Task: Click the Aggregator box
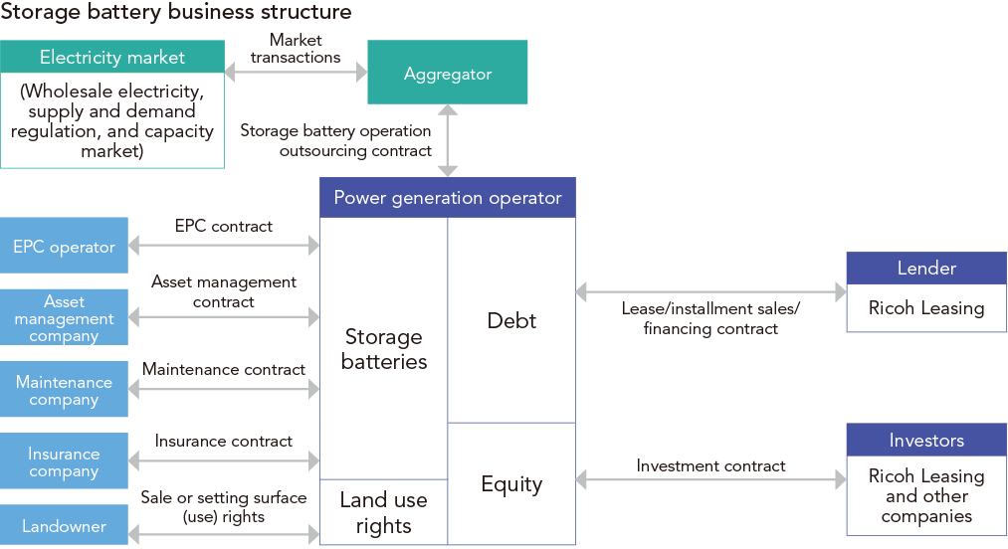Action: (448, 73)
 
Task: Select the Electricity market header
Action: (111, 57)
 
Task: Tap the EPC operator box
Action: (64, 246)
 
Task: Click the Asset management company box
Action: (64, 317)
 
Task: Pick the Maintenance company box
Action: (64, 390)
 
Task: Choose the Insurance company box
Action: (64, 461)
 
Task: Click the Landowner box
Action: (64, 524)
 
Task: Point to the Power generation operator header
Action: (447, 197)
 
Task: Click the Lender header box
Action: (925, 269)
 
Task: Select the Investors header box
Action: (925, 440)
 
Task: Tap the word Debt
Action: (511, 320)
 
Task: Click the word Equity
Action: (511, 484)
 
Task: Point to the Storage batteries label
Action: (383, 349)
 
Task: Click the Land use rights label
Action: (383, 512)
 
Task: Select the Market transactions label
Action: (296, 49)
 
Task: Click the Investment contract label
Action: (710, 465)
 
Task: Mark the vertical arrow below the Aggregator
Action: (448, 140)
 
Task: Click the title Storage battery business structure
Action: (176, 13)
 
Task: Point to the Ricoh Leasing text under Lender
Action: (925, 308)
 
